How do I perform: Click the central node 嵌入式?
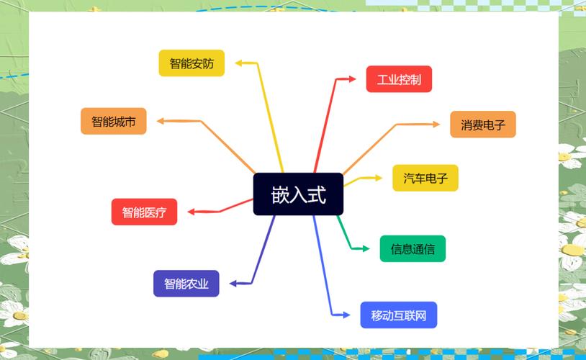coord(298,194)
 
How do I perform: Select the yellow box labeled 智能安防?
coord(191,63)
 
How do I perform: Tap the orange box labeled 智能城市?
coord(113,121)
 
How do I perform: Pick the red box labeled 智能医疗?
coord(144,212)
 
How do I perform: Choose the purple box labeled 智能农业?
coord(186,284)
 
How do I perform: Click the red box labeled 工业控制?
coord(399,79)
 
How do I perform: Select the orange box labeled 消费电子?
coord(483,125)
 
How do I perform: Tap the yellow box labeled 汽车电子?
coord(425,178)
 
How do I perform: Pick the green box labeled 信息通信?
coord(413,249)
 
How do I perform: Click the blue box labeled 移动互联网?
coord(398,315)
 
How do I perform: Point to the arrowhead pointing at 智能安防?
coord(240,63)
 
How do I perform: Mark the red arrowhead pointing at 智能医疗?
coord(191,212)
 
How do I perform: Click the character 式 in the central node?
coord(317,194)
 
